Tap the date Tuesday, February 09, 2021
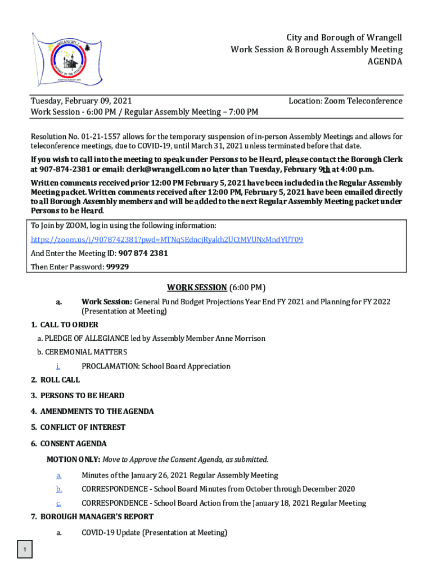(81, 101)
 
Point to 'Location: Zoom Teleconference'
(345, 101)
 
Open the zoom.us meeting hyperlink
(166, 240)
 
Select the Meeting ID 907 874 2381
(143, 253)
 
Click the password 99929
(118, 267)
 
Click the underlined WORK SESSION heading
(189, 287)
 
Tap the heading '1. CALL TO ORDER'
(65, 325)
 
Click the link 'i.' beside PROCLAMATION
(58, 366)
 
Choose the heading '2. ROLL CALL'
(55, 380)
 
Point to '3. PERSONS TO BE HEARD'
(78, 395)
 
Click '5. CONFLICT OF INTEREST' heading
(78, 427)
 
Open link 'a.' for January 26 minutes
(59, 475)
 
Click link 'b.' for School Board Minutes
(59, 489)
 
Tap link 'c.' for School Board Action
(59, 503)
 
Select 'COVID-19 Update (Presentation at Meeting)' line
(154, 533)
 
